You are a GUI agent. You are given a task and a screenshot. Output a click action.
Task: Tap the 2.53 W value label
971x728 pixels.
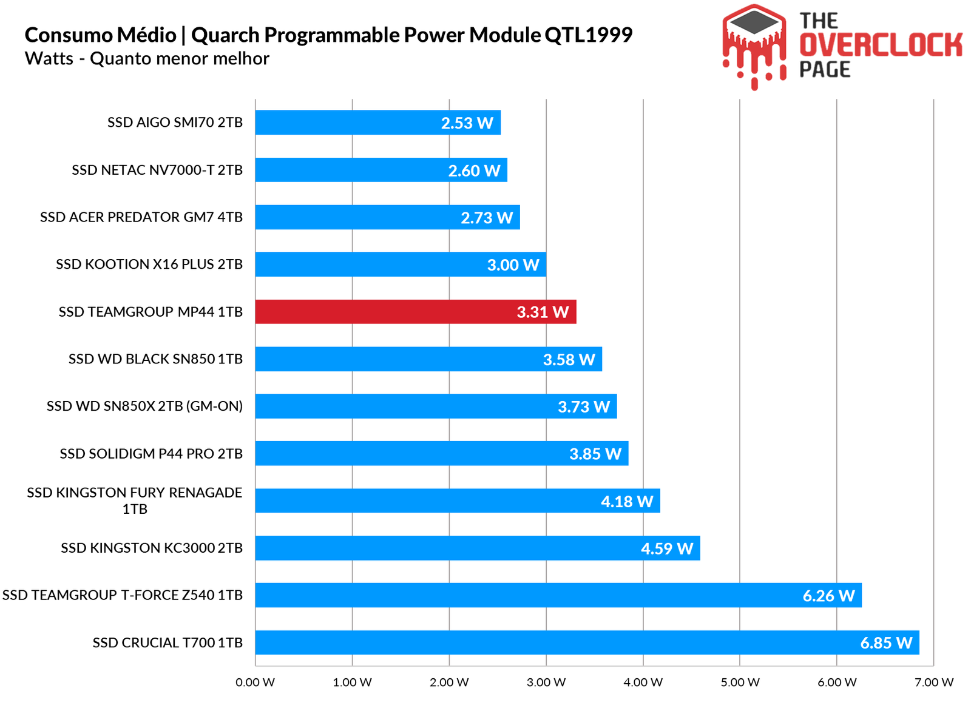[x=467, y=123]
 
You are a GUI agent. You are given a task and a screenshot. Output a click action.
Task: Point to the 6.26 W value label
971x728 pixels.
[x=828, y=596]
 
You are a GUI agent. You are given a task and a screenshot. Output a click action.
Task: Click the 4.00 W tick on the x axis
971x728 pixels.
[x=643, y=682]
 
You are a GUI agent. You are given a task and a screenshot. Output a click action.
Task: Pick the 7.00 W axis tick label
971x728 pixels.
[x=933, y=682]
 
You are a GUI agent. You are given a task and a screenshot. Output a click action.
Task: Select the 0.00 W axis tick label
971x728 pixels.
[x=255, y=682]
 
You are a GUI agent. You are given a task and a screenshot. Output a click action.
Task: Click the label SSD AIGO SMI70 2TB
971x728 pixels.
[x=175, y=123]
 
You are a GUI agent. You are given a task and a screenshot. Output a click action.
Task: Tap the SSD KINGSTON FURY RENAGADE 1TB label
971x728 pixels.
[x=135, y=500]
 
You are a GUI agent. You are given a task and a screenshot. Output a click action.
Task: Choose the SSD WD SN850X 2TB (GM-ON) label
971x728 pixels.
[x=144, y=406]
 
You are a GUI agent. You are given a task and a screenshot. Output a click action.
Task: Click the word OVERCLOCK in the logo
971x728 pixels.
[x=881, y=45]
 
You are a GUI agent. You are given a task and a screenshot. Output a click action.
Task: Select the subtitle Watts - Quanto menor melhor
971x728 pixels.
[x=147, y=59]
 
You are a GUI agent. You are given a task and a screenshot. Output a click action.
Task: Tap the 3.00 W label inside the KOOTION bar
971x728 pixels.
[x=513, y=265]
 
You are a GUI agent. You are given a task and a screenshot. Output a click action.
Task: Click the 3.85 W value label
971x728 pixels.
[x=595, y=454]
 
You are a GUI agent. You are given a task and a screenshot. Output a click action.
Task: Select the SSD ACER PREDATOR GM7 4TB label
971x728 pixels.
[x=141, y=217]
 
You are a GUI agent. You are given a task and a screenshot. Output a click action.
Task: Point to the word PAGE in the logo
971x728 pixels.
[x=825, y=70]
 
